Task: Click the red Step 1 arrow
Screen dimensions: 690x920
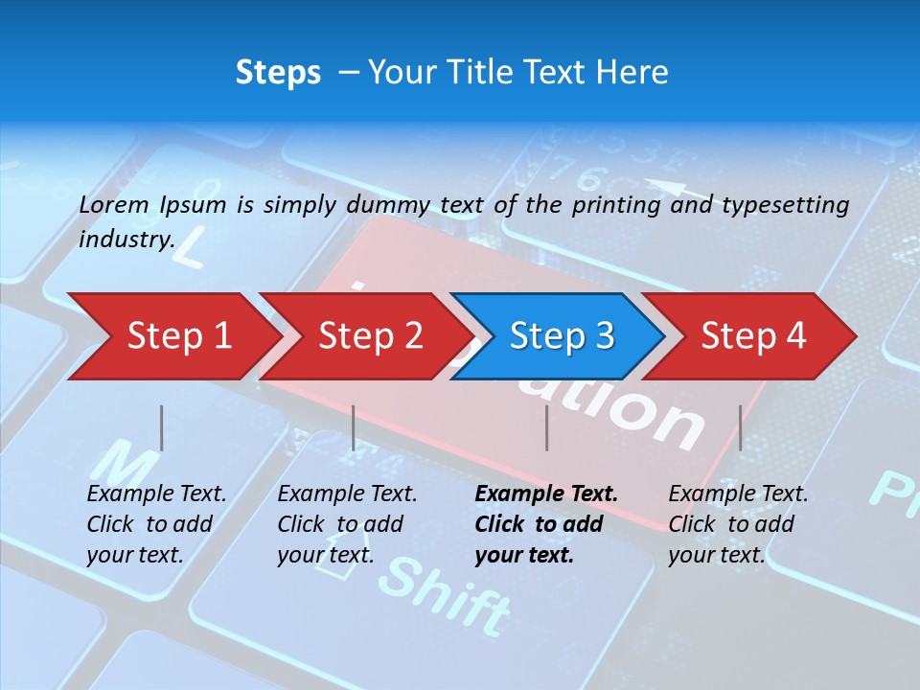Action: [172, 336]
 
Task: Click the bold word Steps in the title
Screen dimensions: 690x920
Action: [278, 73]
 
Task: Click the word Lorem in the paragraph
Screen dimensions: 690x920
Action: [113, 204]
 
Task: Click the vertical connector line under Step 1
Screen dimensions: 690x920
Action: [161, 427]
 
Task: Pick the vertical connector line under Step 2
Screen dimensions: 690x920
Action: [353, 427]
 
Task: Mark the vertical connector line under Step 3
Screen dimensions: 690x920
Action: [546, 427]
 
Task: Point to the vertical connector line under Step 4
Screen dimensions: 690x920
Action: [740, 427]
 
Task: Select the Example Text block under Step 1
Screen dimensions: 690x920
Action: [155, 524]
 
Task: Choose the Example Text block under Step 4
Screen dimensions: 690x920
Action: [737, 524]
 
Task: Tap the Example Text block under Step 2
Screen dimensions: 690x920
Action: [346, 524]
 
